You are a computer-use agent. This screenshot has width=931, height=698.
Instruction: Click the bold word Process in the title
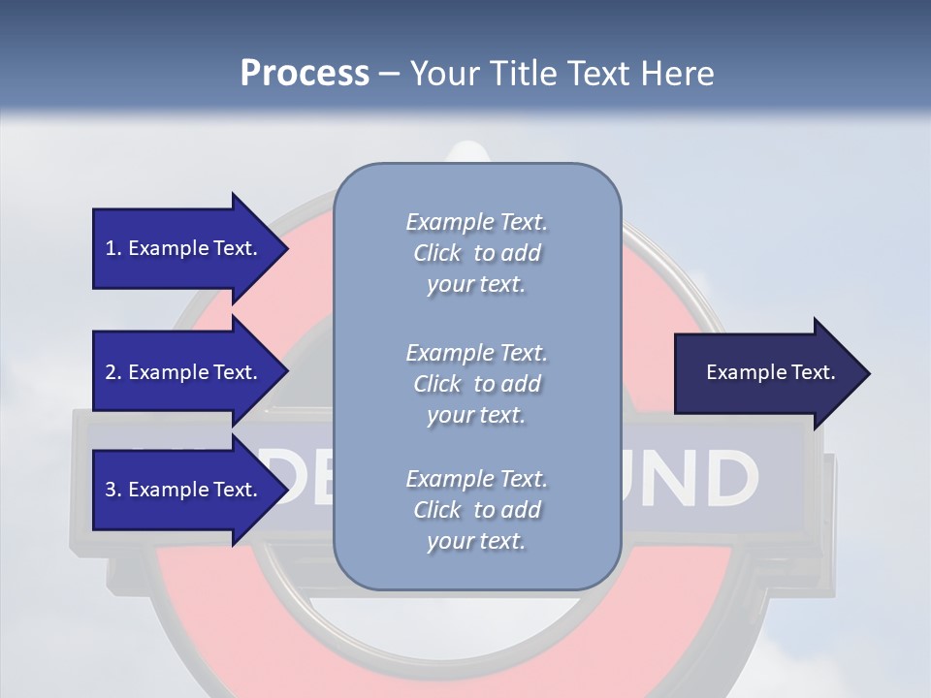tap(305, 74)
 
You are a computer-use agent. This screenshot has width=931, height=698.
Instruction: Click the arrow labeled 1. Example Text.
tap(184, 248)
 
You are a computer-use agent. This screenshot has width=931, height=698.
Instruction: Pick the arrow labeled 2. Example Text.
tap(184, 372)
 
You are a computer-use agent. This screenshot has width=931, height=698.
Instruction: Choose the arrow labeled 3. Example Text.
tap(184, 490)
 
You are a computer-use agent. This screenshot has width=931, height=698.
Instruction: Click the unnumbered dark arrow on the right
tap(766, 373)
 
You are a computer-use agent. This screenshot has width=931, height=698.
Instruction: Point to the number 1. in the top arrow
tap(113, 248)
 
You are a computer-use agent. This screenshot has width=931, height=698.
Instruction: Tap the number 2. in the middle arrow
tap(113, 372)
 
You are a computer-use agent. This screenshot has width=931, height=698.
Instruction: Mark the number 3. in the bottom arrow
tap(113, 490)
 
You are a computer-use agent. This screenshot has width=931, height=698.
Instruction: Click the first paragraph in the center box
tap(476, 253)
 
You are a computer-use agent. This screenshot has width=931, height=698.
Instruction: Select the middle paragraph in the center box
tap(476, 384)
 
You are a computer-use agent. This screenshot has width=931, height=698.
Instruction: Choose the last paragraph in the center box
tap(476, 510)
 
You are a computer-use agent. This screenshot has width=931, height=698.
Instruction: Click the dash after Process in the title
tap(390, 75)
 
